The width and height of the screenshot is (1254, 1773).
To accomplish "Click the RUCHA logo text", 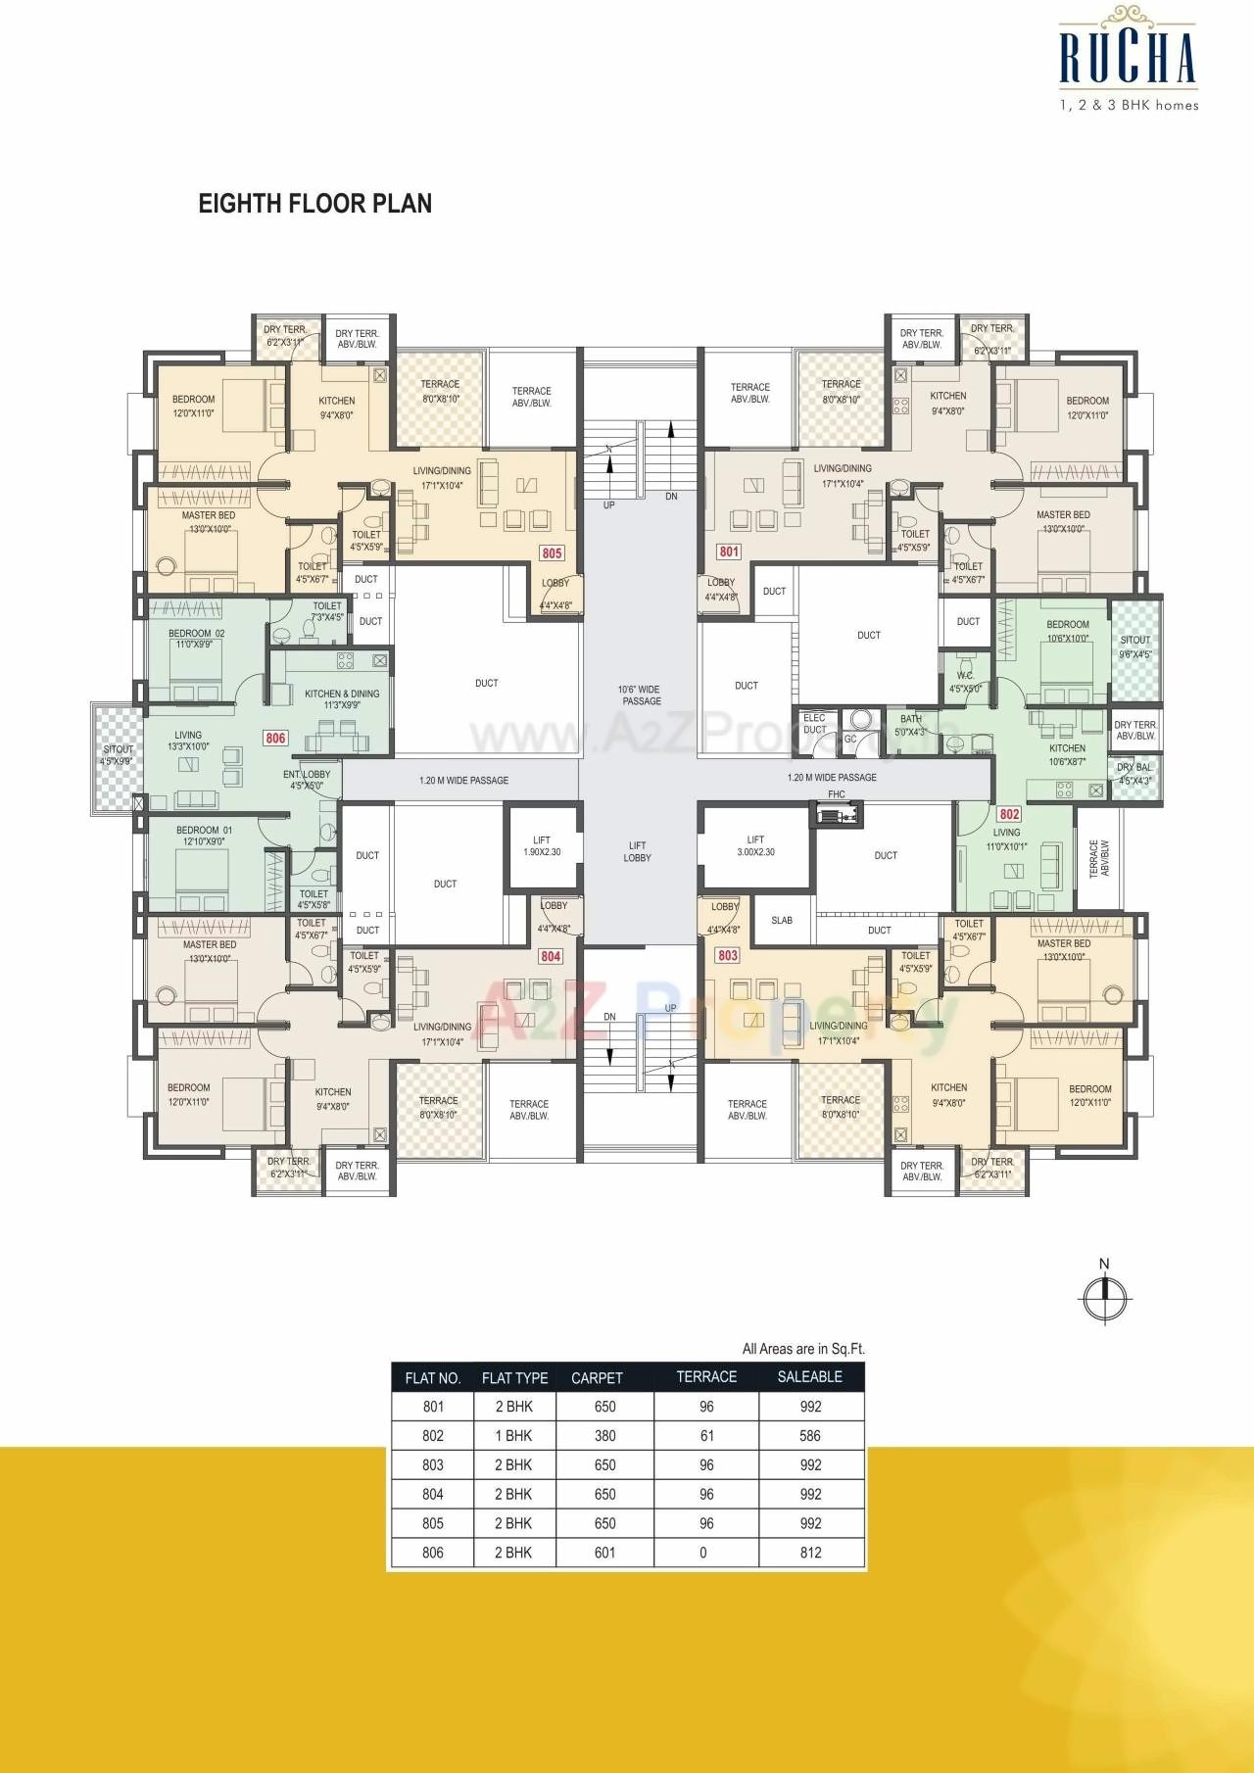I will point(1129,59).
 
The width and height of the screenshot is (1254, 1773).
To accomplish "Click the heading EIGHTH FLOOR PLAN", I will point(314,204).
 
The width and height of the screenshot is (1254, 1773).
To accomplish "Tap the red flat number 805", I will point(553,552).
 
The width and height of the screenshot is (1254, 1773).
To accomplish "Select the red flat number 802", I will point(1009,814).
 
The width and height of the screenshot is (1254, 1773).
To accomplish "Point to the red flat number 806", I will point(275,738).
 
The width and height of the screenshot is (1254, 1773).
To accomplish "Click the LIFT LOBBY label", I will point(637,851).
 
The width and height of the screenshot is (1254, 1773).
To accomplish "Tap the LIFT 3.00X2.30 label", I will point(755,845).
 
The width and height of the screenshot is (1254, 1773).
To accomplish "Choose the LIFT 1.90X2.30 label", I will point(541,845).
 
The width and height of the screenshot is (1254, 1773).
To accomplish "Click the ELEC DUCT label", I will point(814,724).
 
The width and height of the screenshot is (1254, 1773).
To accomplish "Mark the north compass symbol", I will point(1105,1295).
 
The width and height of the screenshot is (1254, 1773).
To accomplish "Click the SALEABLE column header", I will point(809,1376).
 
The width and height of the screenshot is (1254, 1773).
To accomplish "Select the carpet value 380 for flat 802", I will point(604,1436).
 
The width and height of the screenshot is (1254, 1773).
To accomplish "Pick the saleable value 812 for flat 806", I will point(810,1553).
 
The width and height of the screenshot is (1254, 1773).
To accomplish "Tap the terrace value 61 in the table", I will point(706,1436).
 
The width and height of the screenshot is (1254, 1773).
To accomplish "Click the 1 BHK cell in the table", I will point(513,1436).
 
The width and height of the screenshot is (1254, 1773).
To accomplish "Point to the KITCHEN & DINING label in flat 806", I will point(342,698).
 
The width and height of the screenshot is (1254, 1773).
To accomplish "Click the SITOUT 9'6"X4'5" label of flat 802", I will point(1135,647).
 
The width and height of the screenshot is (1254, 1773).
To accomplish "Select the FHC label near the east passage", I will point(836,794).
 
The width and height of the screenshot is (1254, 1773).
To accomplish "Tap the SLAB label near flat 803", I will point(782,921).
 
